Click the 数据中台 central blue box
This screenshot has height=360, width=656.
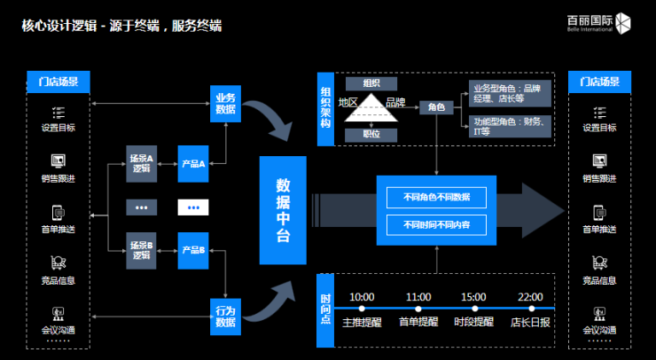click(283, 210)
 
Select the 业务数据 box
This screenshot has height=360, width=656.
click(225, 103)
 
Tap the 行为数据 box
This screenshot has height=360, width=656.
click(225, 317)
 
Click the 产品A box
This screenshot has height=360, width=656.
click(193, 163)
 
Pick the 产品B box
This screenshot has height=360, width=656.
click(193, 250)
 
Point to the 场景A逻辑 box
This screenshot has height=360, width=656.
click(142, 163)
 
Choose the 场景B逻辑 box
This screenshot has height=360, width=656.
click(142, 250)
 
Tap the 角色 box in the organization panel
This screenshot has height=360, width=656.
click(436, 106)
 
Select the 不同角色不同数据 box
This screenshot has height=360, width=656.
click(436, 197)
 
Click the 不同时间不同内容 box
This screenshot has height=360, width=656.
click(436, 225)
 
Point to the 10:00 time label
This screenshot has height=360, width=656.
click(362, 296)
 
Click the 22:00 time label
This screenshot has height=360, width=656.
click(530, 296)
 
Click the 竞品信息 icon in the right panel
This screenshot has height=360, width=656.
click(599, 262)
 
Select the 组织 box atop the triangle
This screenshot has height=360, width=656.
click(371, 83)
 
